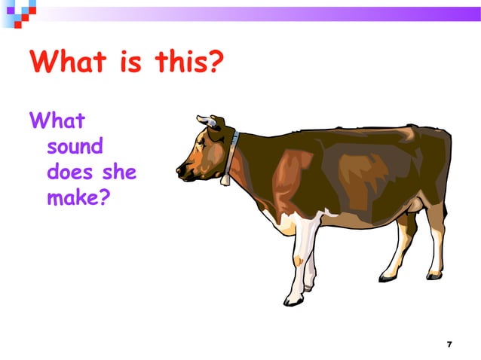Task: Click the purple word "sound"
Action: point(75,145)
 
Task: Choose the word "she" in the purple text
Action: point(119,172)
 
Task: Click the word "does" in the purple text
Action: point(69,172)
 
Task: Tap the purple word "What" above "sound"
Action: point(57,120)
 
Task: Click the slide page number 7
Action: point(449,344)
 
